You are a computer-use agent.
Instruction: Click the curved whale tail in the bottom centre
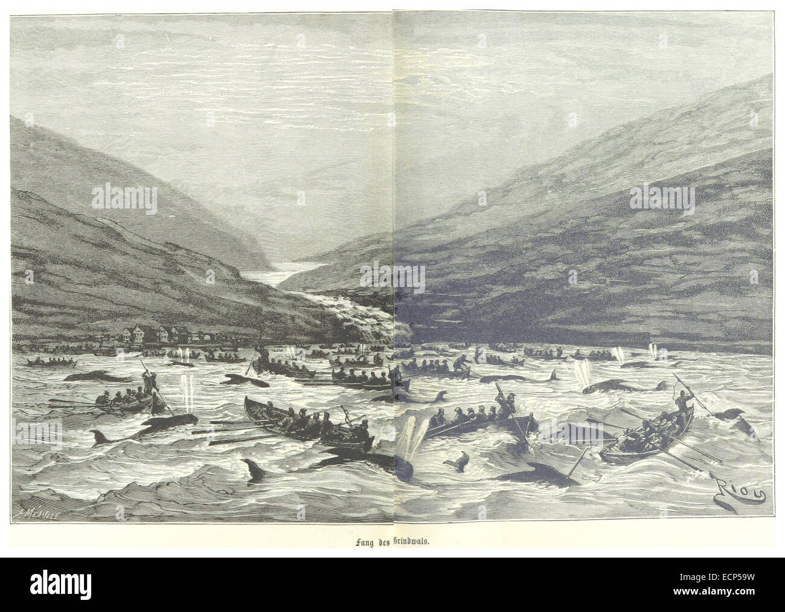[455, 462]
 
